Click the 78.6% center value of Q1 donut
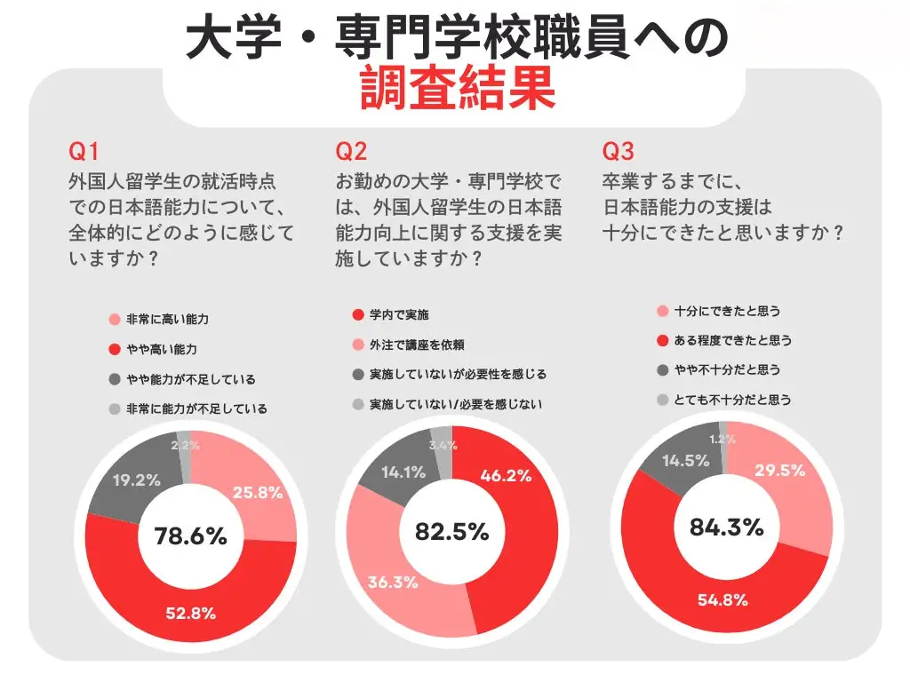[x=190, y=535]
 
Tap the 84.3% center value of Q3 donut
[x=726, y=527]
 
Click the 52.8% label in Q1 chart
[x=190, y=612]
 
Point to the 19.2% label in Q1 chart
[x=136, y=480]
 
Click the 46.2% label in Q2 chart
[x=505, y=475]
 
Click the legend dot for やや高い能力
[x=113, y=350]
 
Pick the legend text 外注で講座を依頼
[x=417, y=345]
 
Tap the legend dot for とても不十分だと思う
[x=662, y=400]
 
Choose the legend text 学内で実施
[x=400, y=314]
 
